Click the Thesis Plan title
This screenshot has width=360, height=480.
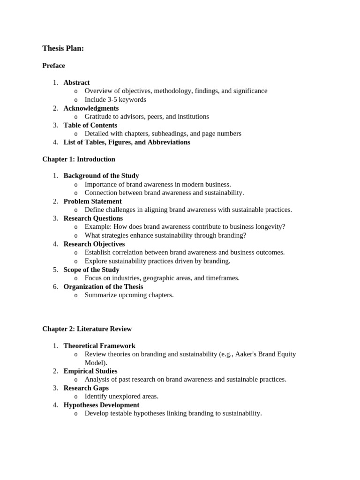pyautogui.click(x=63, y=48)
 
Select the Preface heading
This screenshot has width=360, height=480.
pyautogui.click(x=53, y=66)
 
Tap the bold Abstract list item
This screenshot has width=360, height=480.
pyautogui.click(x=76, y=82)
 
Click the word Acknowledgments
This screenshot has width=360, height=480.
pyautogui.click(x=91, y=108)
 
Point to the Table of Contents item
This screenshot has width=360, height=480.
pyautogui.click(x=90, y=125)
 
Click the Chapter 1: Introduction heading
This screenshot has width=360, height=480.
pyautogui.click(x=78, y=159)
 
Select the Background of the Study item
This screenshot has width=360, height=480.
pyautogui.click(x=101, y=176)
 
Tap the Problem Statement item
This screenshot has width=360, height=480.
pyautogui.click(x=92, y=202)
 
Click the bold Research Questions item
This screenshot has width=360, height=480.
pyautogui.click(x=93, y=218)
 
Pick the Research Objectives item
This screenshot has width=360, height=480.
pyautogui.click(x=94, y=244)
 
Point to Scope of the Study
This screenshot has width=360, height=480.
pyautogui.click(x=91, y=270)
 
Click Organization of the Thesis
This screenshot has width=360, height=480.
pyautogui.click(x=103, y=287)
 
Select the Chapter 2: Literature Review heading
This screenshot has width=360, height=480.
pyautogui.click(x=87, y=329)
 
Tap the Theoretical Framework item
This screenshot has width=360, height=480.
pyautogui.click(x=99, y=346)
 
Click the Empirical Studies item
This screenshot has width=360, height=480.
pyautogui.click(x=90, y=371)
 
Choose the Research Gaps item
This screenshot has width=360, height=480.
pyautogui.click(x=86, y=388)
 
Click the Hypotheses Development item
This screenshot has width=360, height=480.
pyautogui.click(x=101, y=405)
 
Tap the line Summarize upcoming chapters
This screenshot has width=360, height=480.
pyautogui.click(x=129, y=295)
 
